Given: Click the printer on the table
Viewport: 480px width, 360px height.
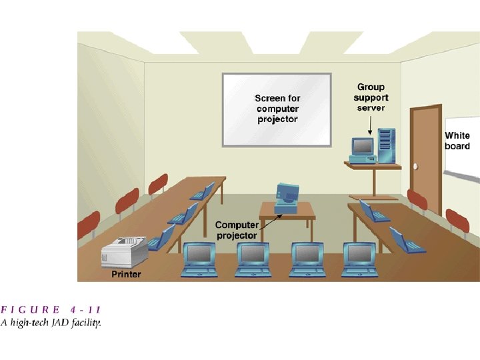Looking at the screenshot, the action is pyautogui.click(x=124, y=253).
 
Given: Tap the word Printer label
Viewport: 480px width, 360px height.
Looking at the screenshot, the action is pyautogui.click(x=126, y=274).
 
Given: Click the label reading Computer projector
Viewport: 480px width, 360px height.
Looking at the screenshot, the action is pyautogui.click(x=236, y=231).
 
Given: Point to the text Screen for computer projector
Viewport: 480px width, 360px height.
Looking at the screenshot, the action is pyautogui.click(x=277, y=109).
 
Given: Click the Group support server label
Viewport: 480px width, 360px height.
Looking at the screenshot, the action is pyautogui.click(x=371, y=97).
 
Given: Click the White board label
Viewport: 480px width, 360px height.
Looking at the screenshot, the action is pyautogui.click(x=457, y=141).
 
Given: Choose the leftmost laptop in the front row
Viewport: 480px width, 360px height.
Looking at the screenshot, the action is pyautogui.click(x=199, y=259).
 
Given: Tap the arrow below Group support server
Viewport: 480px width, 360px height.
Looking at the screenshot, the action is pyautogui.click(x=371, y=122).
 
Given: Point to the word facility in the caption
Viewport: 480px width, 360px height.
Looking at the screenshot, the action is pyautogui.click(x=87, y=323).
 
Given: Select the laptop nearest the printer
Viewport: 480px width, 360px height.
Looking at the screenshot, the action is pyautogui.click(x=161, y=238).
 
